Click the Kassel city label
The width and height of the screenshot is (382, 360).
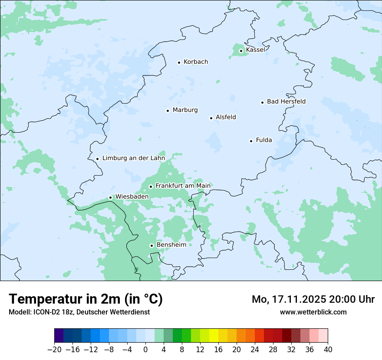point(255,50)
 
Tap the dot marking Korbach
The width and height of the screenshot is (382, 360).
point(179,62)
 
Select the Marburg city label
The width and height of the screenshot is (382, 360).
point(185,110)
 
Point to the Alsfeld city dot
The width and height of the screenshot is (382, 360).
point(211,118)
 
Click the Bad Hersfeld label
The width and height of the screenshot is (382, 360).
point(286,101)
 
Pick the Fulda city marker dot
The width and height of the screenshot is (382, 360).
point(251,141)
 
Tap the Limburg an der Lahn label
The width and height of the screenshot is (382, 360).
point(133,158)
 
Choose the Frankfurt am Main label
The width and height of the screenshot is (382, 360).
point(183,186)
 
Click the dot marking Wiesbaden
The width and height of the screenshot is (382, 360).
point(110,198)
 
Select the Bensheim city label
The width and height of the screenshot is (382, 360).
point(171,245)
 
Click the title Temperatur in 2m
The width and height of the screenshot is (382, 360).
point(86,299)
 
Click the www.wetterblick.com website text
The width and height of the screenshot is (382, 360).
point(313,312)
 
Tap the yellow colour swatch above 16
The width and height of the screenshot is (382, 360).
point(214,336)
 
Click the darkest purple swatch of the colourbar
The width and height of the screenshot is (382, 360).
point(59,336)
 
